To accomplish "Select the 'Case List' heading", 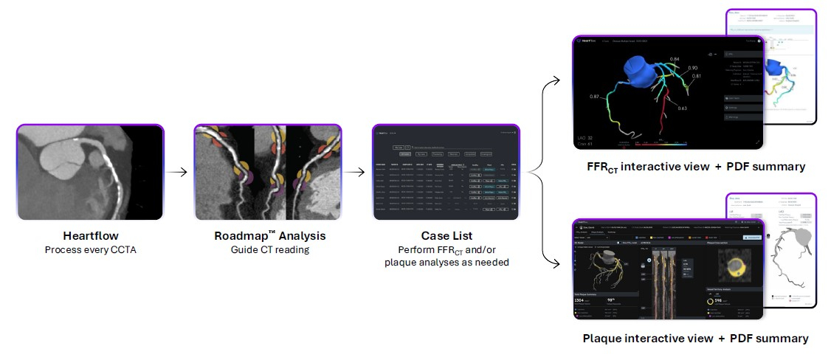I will tap(446, 236).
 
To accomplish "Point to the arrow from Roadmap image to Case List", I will tap(356, 173).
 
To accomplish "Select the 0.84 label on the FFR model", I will tap(674, 58).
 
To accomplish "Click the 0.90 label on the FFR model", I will tap(692, 68).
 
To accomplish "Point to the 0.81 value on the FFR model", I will tap(697, 77).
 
